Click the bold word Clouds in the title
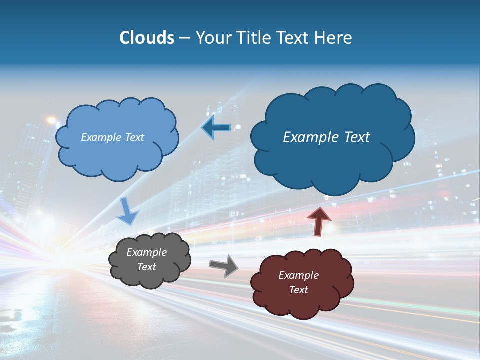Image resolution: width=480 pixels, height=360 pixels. [x=146, y=38]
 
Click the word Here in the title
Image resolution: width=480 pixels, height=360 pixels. [x=334, y=38]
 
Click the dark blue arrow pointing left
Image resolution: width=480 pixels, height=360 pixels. [x=216, y=128]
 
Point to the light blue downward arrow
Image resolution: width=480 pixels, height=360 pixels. [x=127, y=212]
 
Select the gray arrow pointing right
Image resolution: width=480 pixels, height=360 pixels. [x=224, y=265]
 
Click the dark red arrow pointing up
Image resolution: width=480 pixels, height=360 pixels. [x=319, y=221]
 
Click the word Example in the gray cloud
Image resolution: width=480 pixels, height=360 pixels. [x=146, y=252]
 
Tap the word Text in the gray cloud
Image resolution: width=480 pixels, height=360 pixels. [x=147, y=267]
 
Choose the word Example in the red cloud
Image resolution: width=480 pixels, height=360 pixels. [x=298, y=275]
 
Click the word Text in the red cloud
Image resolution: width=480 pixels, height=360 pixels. [x=298, y=290]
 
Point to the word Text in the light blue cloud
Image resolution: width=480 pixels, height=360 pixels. [x=134, y=137]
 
